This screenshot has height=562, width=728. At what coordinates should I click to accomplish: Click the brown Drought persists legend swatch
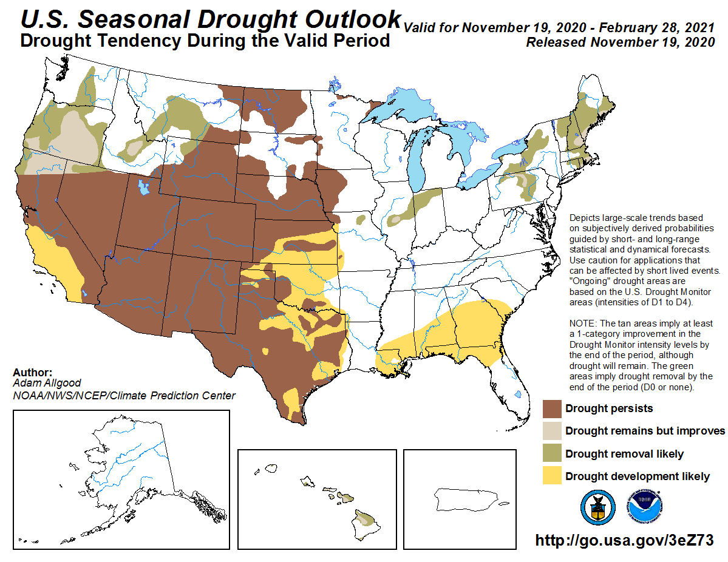tap(552, 408)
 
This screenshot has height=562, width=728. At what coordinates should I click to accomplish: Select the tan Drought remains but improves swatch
tap(552, 431)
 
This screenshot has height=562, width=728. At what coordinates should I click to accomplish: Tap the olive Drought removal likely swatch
tap(552, 454)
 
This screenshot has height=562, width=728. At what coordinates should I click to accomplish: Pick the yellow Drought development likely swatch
tap(552, 476)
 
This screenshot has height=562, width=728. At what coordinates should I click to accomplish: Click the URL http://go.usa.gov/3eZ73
tap(624, 540)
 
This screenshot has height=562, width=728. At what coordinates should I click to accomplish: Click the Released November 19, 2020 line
tap(620, 42)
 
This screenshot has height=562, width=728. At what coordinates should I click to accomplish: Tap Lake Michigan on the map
tap(418, 158)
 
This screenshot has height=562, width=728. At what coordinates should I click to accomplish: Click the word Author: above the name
tap(32, 372)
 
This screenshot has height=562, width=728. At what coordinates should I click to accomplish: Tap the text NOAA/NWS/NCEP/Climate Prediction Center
tap(123, 396)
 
